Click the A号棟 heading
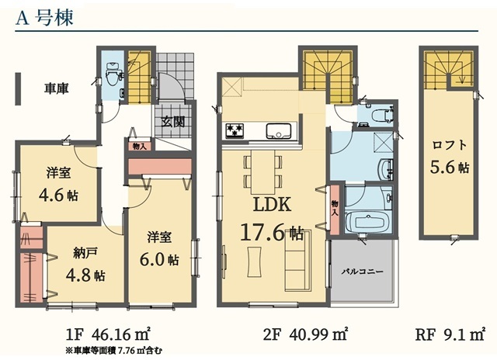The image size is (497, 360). point(45,18)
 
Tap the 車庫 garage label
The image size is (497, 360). point(57,88)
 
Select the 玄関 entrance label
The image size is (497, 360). point(173,122)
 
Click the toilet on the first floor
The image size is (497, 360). point(112,74)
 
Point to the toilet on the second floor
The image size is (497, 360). point(381,116)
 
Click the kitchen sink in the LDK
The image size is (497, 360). point(279,130)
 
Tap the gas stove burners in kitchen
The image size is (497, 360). point(235,130)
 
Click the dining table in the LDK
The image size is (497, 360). point(262,172)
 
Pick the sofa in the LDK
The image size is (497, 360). point(298,260)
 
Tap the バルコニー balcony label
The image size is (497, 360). point(363,272)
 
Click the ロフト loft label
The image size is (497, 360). point(450,145)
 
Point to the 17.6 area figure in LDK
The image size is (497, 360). point(263,233)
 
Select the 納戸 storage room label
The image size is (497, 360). point(85,254)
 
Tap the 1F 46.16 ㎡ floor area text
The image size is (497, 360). point(108,334)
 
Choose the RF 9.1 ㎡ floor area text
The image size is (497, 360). point(450,334)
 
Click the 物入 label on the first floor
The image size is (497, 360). point(139,147)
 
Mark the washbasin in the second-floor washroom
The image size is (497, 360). point(385,169)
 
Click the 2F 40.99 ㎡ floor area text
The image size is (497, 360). point(306,334)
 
